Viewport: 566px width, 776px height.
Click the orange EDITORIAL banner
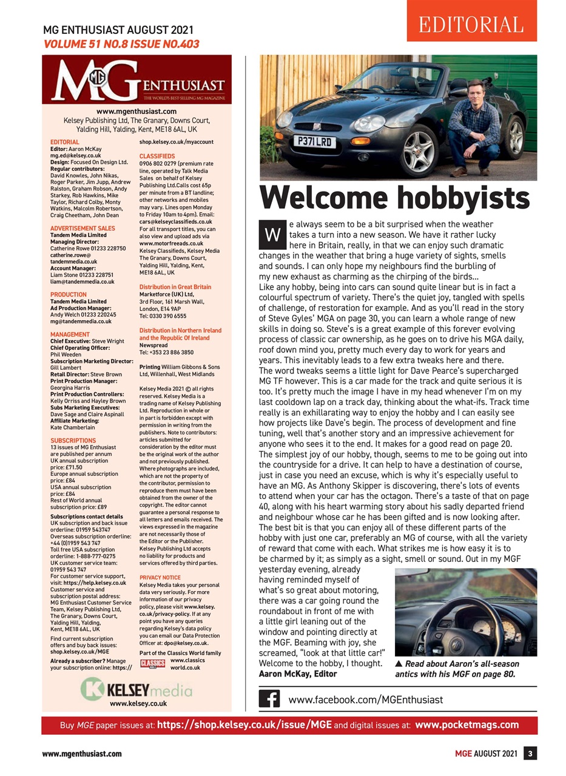(471, 24)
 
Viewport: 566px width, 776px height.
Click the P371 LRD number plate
(314, 142)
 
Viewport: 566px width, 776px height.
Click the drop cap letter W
(272, 234)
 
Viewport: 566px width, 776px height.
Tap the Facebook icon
(269, 699)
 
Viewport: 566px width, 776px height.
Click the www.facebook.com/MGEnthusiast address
(365, 699)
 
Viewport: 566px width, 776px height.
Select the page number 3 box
(530, 754)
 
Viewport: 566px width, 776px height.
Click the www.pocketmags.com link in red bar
(467, 724)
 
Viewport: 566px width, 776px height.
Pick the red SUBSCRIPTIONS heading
(73, 441)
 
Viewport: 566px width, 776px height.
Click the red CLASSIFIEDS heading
(157, 156)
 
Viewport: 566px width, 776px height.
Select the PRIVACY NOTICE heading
(160, 578)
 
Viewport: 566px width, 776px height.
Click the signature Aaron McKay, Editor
(297, 674)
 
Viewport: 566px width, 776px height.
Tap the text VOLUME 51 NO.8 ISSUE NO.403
(121, 44)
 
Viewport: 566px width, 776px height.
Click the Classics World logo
(152, 663)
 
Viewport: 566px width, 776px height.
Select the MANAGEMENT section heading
(70, 335)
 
